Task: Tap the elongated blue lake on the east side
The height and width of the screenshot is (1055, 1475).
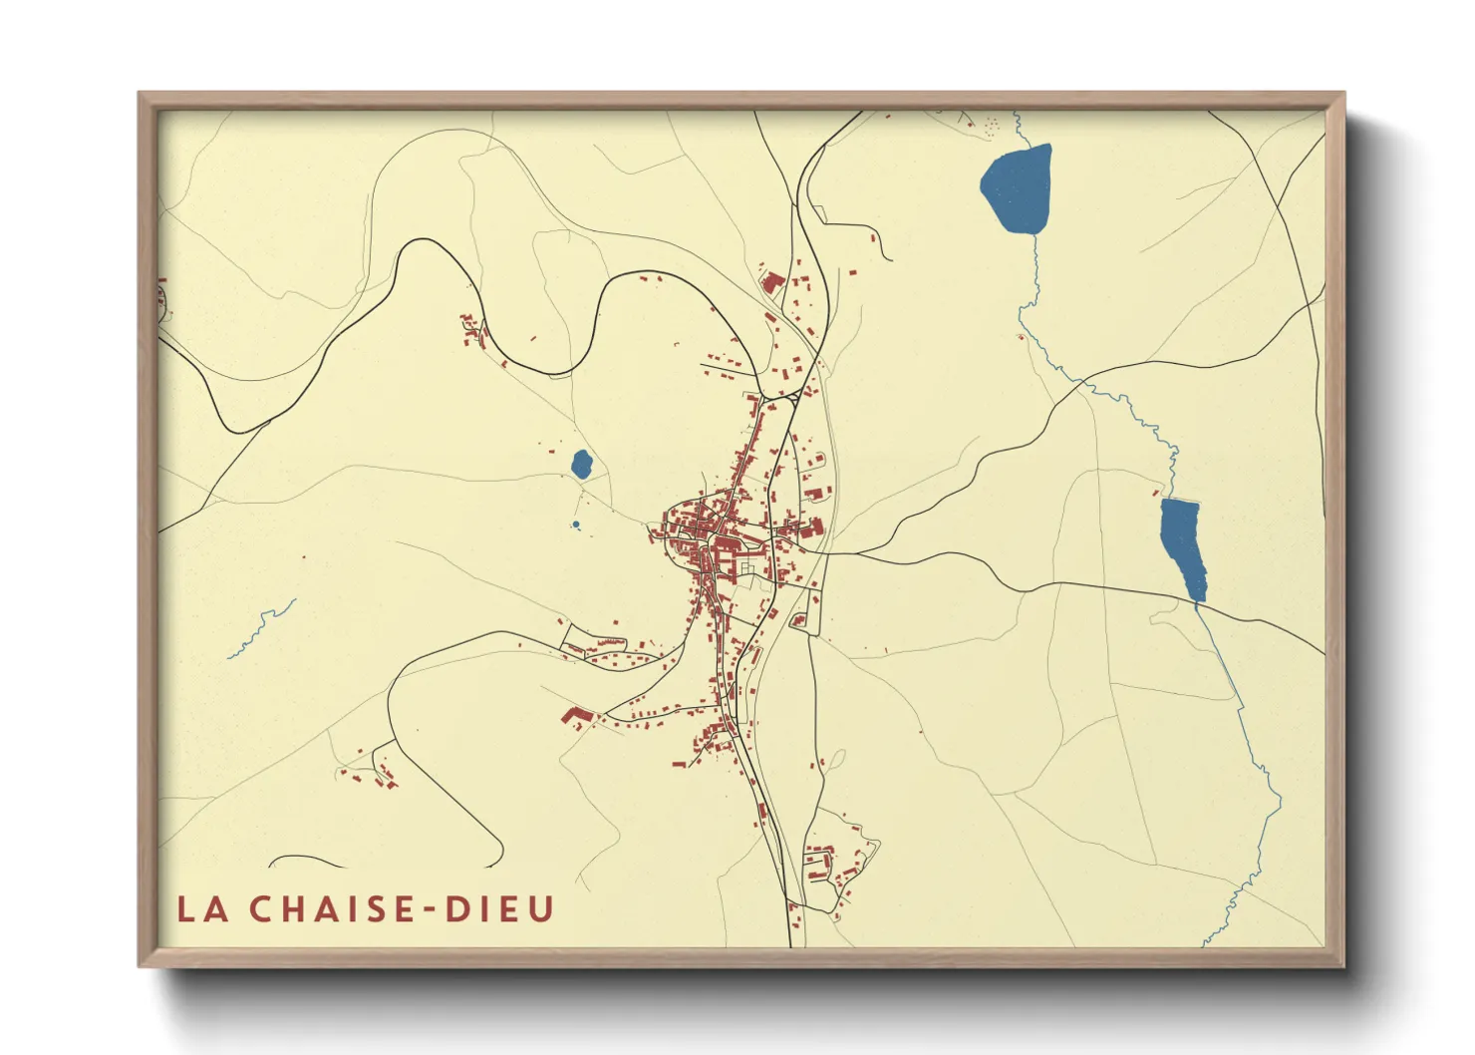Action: pyautogui.click(x=1182, y=543)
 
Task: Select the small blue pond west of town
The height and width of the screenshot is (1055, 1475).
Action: pyautogui.click(x=581, y=463)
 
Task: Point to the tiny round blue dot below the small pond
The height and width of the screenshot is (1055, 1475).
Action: pyautogui.click(x=576, y=525)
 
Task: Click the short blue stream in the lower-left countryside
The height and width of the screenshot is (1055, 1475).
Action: pyautogui.click(x=262, y=628)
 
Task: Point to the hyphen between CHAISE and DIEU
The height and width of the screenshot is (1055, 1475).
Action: pyautogui.click(x=431, y=910)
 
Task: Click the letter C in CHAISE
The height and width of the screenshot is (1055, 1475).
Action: pyautogui.click(x=258, y=909)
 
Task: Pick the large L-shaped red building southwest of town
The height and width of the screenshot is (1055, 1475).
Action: pyautogui.click(x=575, y=716)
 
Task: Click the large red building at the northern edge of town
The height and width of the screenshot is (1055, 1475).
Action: pyautogui.click(x=772, y=283)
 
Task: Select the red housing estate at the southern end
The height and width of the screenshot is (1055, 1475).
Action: pyautogui.click(x=827, y=866)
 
